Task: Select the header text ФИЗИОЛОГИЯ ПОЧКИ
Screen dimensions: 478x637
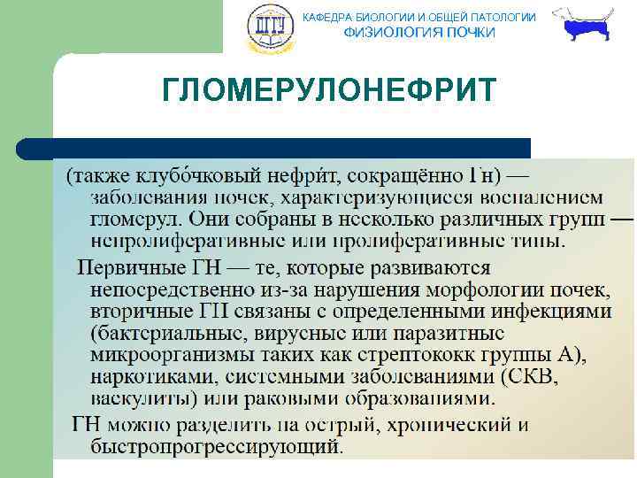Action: tap(419, 33)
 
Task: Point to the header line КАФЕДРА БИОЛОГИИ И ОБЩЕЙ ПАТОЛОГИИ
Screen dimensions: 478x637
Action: tap(419, 17)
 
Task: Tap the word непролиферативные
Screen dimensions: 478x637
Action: tap(176, 241)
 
